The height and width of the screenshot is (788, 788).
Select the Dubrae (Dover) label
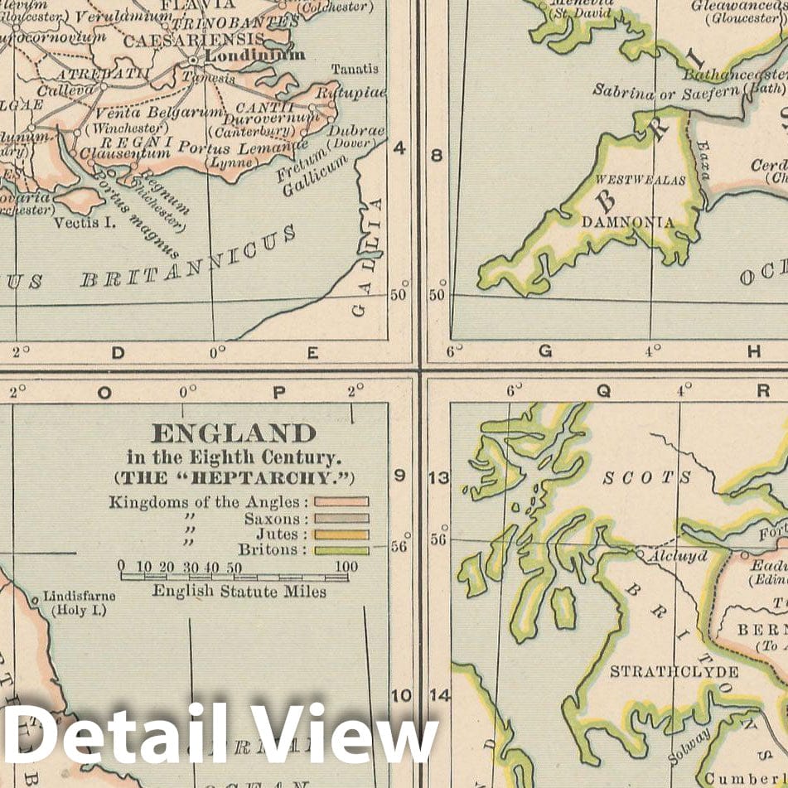(356, 131)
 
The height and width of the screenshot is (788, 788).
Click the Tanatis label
(355, 69)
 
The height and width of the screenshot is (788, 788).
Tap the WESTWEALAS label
(641, 178)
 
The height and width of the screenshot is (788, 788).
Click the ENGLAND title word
(233, 433)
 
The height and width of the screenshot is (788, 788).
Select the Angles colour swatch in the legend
(341, 501)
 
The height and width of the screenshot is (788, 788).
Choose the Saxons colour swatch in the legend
(341, 518)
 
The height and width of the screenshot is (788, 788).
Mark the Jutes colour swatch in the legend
(341, 534)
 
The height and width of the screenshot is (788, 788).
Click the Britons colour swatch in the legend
(341, 549)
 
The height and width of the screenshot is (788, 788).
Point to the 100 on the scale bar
(346, 568)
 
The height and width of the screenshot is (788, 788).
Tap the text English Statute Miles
(239, 592)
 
